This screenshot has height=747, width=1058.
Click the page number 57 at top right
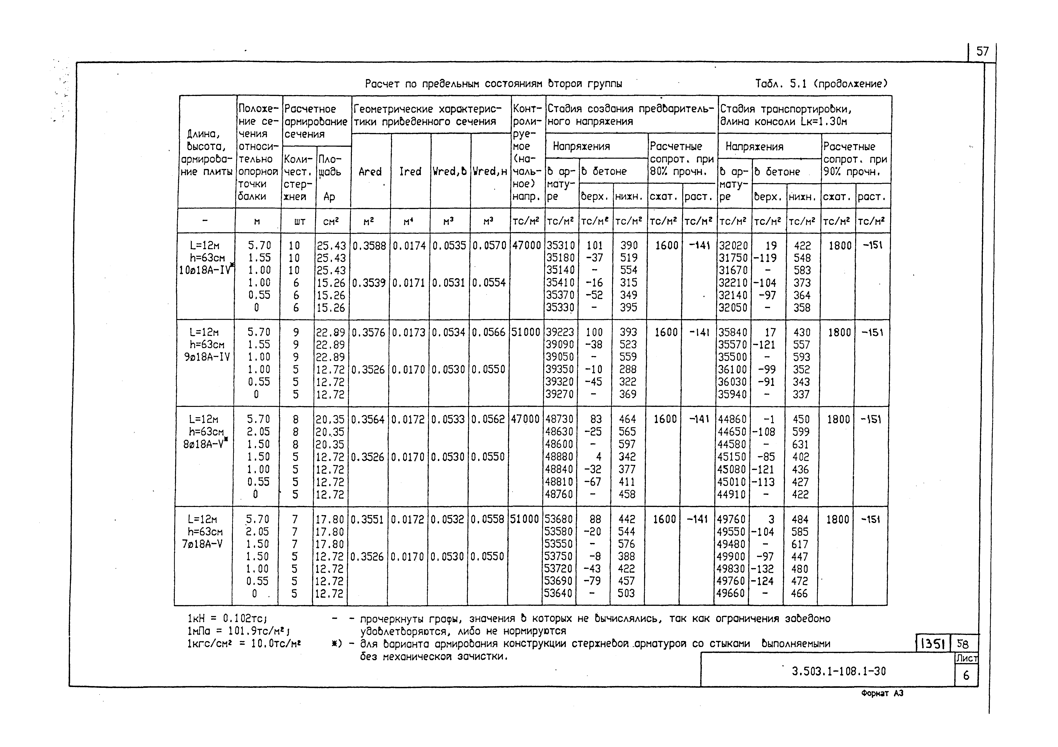(982, 51)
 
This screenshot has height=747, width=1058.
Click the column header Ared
(370, 172)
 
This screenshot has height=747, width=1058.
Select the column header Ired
(410, 172)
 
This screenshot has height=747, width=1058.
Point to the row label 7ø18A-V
(203, 544)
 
